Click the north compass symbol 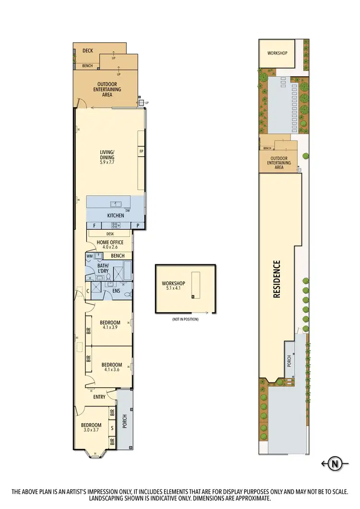click(336, 463)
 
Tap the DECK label click(87, 50)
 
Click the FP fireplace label click(141, 152)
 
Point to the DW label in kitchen click(128, 211)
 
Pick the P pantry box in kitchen click(138, 225)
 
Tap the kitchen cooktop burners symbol click(116, 225)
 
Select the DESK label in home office click(110, 234)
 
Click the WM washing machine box click(89, 256)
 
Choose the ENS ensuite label click(116, 291)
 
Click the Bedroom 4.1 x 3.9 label click(110, 325)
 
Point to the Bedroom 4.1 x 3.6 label click(110, 367)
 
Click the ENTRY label click(99, 397)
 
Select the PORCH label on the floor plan click(124, 421)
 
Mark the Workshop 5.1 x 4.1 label click(173, 286)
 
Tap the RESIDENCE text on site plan click(277, 279)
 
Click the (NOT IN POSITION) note click(185, 319)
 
